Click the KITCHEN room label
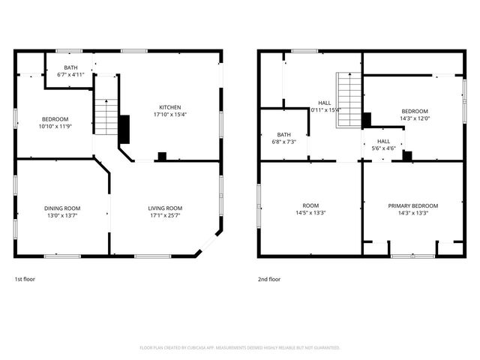coord(169,107)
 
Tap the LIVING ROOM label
coord(163,208)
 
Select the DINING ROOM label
coord(62,208)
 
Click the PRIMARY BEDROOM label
coord(412,205)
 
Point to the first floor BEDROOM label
coord(55,119)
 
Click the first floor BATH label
coord(70,67)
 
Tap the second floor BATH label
coord(283,134)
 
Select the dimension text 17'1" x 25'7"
coord(163,215)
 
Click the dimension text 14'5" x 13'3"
coord(310,213)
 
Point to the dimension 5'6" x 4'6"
coord(383,148)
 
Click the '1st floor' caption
coord(25,279)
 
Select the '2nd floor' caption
coord(269,279)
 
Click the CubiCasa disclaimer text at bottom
coord(240,348)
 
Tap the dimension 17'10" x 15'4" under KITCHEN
coord(169,115)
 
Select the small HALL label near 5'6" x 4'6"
coord(383,141)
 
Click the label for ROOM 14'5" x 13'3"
coord(310,205)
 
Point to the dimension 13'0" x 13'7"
coord(62,215)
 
